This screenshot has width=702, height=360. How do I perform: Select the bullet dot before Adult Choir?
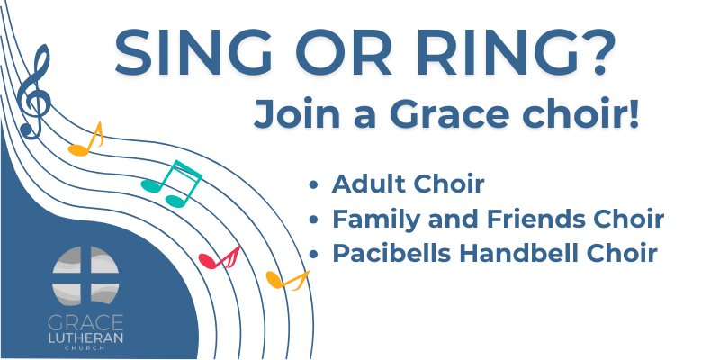313,185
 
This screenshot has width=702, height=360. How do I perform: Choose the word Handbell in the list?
505,253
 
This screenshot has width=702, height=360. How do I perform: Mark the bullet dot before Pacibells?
313,254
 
